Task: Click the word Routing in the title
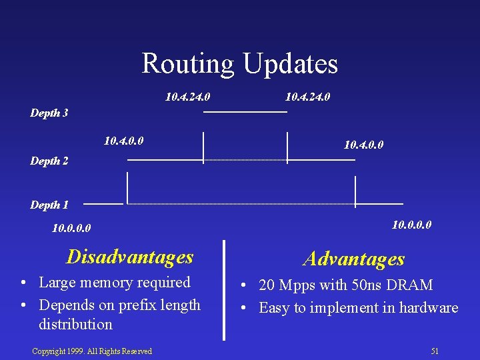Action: point(188,64)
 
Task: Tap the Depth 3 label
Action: point(49,113)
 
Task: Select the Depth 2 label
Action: point(49,161)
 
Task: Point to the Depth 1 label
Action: point(49,205)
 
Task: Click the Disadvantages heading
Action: point(130,257)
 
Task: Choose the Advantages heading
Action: point(353,259)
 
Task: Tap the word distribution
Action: point(75,325)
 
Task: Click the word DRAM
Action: point(415,285)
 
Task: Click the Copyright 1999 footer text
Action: point(92,351)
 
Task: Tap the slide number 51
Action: point(435,351)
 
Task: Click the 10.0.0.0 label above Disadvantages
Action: point(71,229)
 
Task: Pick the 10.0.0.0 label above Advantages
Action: point(411,225)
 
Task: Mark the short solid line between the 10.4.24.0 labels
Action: point(245,111)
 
